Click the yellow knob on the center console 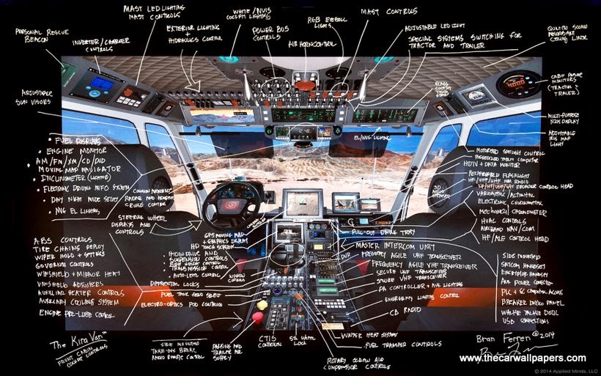click(262, 304)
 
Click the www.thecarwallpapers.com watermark click(523, 358)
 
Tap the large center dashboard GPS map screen click(303, 202)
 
